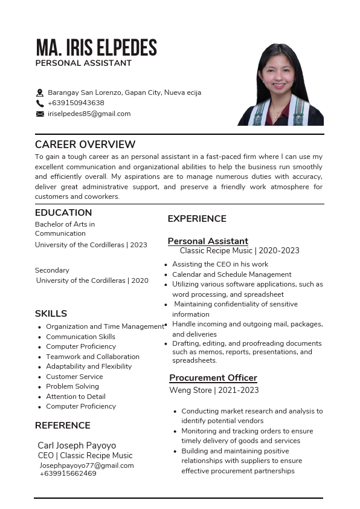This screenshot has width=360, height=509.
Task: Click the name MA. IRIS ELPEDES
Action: [96, 47]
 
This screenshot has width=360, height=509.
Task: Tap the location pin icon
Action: [40, 93]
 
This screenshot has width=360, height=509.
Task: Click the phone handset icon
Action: [40, 103]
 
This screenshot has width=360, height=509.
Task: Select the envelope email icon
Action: [40, 114]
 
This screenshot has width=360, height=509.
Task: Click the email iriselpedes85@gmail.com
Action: [89, 114]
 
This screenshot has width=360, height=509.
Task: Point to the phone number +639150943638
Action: [76, 103]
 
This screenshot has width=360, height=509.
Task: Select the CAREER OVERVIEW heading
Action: [85, 144]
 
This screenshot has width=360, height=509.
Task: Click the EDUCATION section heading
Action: [63, 213]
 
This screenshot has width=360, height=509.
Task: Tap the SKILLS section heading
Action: [51, 314]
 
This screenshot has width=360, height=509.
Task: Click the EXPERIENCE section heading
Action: [197, 219]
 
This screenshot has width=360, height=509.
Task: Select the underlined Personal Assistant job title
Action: [208, 241]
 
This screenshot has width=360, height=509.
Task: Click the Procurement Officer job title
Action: [213, 378]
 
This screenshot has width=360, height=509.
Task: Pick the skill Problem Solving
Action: [72, 386]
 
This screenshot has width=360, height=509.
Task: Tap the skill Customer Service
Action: [74, 377]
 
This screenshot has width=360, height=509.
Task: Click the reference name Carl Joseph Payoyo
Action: [77, 446]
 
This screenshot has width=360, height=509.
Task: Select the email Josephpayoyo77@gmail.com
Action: [87, 465]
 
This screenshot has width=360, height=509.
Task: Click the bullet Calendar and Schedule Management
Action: [232, 274]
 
